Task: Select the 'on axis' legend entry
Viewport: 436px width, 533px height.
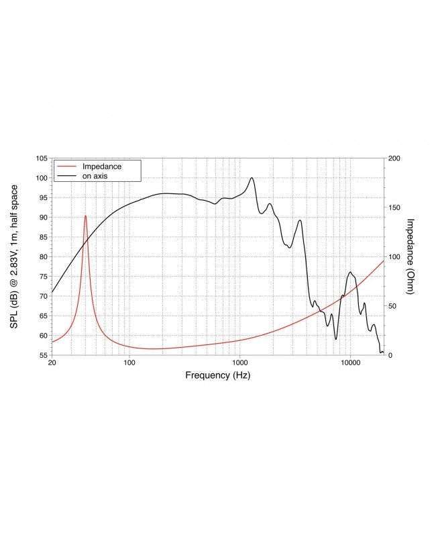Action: (x=95, y=175)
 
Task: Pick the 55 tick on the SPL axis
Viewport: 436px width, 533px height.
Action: (x=42, y=354)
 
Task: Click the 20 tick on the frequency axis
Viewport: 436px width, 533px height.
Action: (x=52, y=363)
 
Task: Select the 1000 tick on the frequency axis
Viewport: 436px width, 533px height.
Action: (x=240, y=363)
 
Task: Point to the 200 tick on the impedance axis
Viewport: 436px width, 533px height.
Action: (x=394, y=158)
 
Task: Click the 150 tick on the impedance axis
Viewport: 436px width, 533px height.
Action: (x=394, y=207)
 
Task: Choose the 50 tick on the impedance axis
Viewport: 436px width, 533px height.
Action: (x=392, y=305)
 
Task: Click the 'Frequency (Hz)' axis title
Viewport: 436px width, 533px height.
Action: (x=217, y=375)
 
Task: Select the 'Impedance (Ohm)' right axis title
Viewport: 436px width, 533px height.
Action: (x=411, y=256)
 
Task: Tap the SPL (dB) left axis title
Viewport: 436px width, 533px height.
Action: (x=14, y=256)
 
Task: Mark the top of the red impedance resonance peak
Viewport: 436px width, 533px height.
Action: (x=85, y=215)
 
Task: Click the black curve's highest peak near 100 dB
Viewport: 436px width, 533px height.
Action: (x=252, y=178)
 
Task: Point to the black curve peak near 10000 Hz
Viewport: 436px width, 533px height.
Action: (x=350, y=272)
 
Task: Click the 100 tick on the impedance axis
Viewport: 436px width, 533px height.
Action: (x=394, y=256)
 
